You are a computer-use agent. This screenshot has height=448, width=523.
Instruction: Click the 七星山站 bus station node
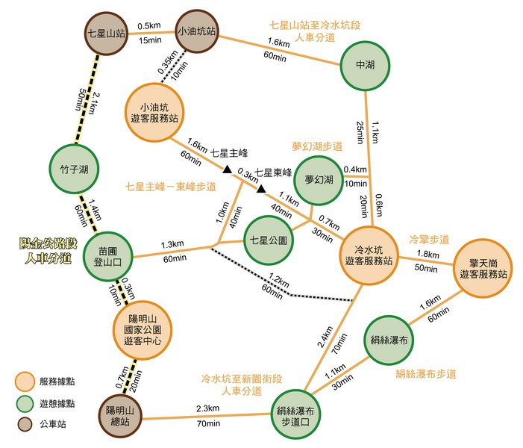point(106,33)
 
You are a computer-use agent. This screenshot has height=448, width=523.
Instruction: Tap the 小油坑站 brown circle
point(197,32)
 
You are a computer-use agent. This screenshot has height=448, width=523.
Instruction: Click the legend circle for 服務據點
point(25,381)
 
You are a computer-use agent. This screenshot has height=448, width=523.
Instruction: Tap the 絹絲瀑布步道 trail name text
point(425,373)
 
